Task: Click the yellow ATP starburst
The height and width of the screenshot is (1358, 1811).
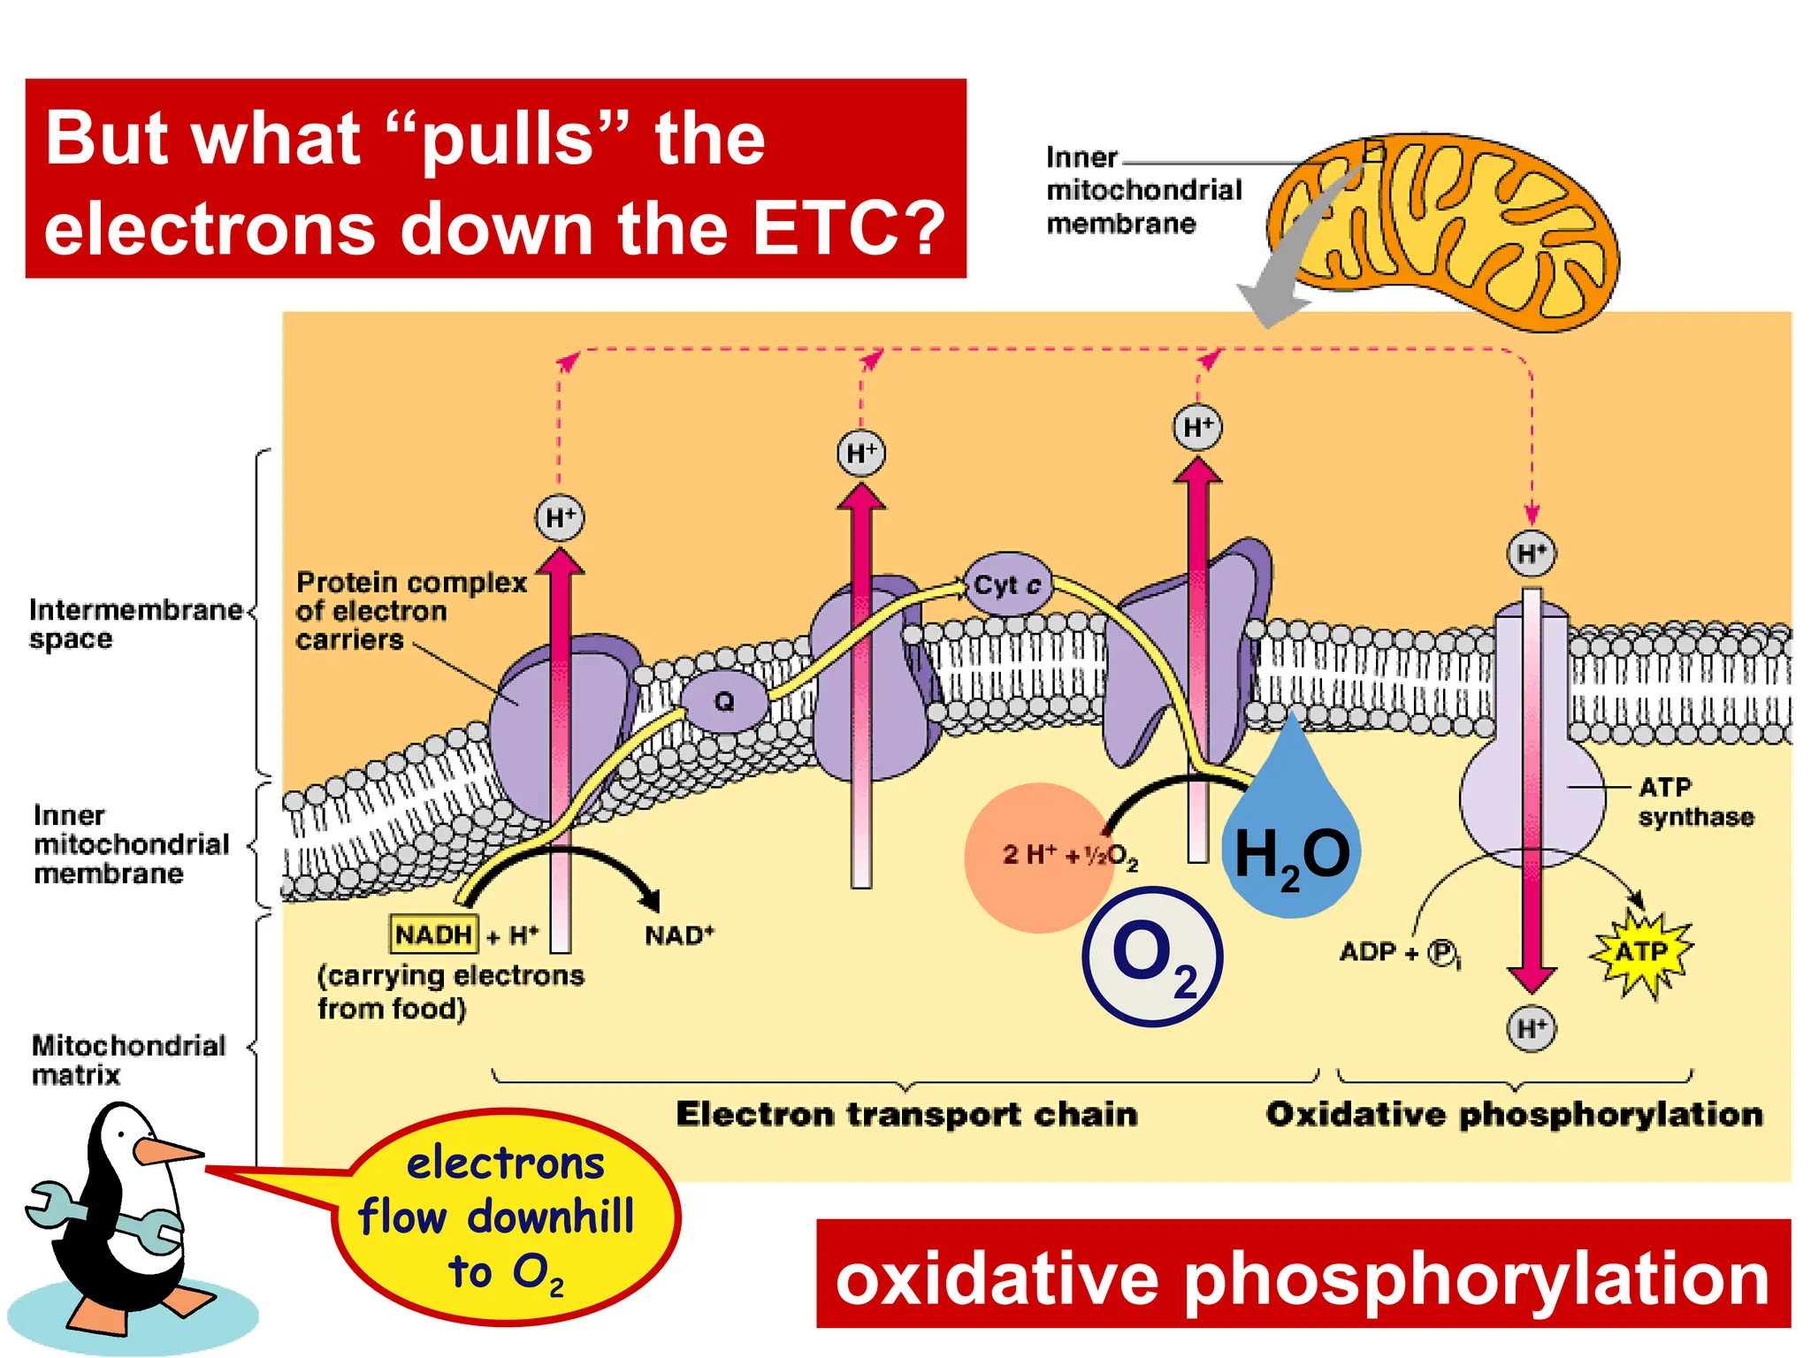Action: pyautogui.click(x=1641, y=952)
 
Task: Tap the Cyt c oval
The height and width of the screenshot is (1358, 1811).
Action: pyautogui.click(x=1007, y=584)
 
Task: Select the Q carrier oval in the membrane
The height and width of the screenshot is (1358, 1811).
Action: pyautogui.click(x=723, y=701)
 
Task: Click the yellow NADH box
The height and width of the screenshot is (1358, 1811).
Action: pyautogui.click(x=433, y=934)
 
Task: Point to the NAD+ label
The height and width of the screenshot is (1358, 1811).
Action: pyautogui.click(x=679, y=935)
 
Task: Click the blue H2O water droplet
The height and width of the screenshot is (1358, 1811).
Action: pyautogui.click(x=1293, y=840)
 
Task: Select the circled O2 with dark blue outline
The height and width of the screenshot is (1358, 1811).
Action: pyautogui.click(x=1153, y=957)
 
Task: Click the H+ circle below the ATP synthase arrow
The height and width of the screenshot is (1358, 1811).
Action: pyautogui.click(x=1532, y=1028)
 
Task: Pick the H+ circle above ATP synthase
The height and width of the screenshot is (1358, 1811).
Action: pyautogui.click(x=1532, y=553)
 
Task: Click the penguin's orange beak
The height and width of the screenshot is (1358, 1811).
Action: pyautogui.click(x=164, y=1151)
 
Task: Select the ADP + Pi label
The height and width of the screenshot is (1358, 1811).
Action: pyautogui.click(x=1400, y=952)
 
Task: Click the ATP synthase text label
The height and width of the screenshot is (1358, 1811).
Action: pyautogui.click(x=1694, y=802)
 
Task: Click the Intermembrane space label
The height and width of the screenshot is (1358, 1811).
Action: pyautogui.click(x=134, y=623)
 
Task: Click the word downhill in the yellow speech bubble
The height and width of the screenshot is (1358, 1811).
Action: pyautogui.click(x=550, y=1217)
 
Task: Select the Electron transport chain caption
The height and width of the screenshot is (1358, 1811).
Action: pyautogui.click(x=906, y=1114)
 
